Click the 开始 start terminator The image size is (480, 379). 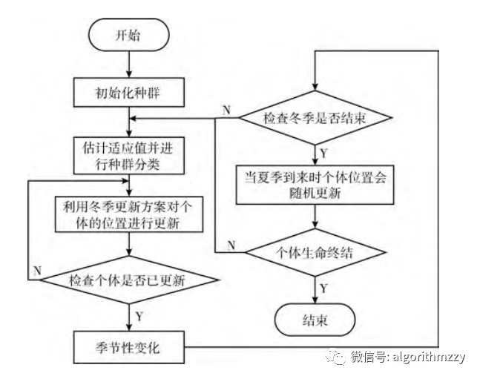tap(129, 36)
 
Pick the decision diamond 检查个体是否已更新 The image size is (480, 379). tap(129, 280)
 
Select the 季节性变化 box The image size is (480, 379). tap(129, 346)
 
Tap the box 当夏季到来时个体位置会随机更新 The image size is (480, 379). tap(316, 185)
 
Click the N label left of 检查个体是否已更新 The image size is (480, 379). tap(36, 271)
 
